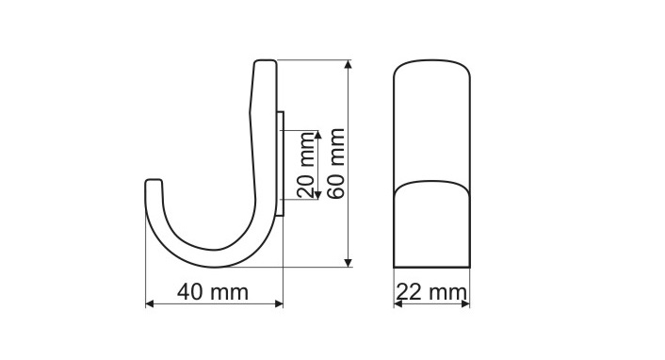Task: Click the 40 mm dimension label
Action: pos(213,292)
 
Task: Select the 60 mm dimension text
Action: pos(337,163)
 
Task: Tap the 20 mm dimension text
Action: pos(306,165)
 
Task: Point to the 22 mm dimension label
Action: pos(431,292)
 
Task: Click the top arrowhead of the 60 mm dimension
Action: pos(349,64)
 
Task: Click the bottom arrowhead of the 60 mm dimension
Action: pos(349,263)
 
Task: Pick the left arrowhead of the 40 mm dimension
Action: pos(149,303)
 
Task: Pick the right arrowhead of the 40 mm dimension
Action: pos(279,303)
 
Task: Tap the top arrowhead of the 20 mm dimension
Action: pos(318,134)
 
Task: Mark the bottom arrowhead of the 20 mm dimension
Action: pos(318,195)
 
